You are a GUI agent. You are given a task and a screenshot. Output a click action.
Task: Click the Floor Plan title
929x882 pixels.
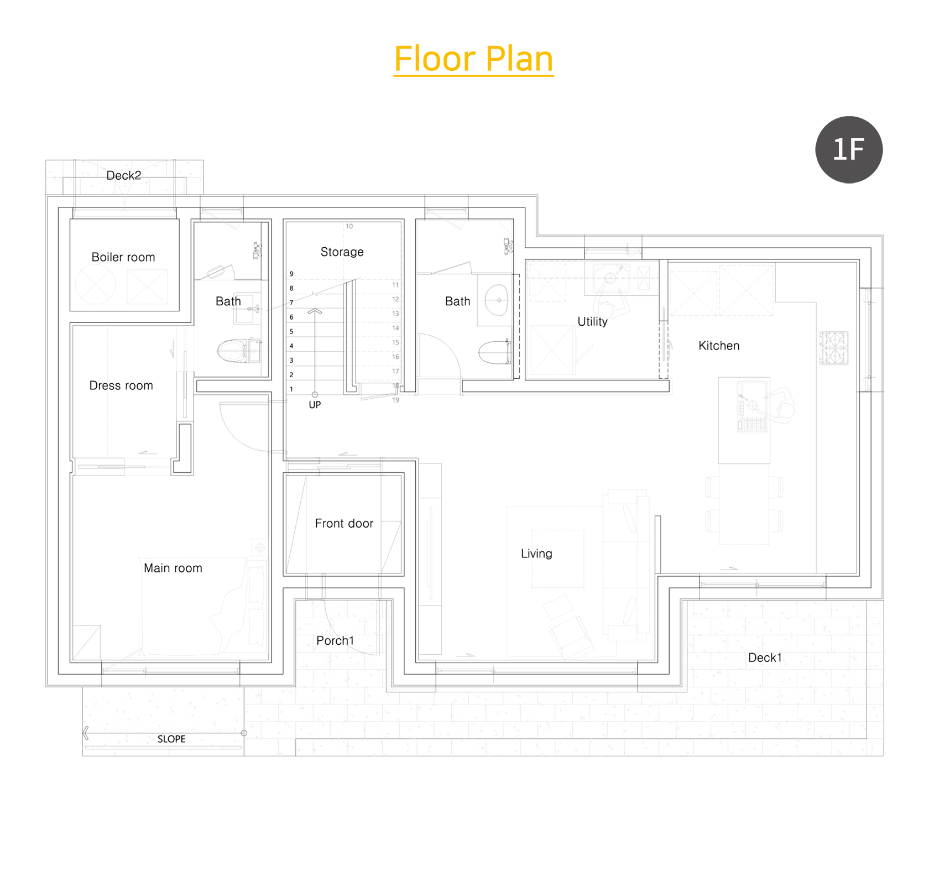click(x=473, y=59)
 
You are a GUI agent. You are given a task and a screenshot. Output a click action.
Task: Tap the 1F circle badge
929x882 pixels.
click(x=849, y=149)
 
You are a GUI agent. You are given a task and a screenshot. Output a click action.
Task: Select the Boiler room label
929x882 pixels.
click(x=123, y=257)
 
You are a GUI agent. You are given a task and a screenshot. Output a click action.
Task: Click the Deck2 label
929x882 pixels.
click(x=124, y=175)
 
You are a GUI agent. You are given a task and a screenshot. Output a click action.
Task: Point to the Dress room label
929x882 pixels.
click(x=121, y=385)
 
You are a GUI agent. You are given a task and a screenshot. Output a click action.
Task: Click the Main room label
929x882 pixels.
click(x=173, y=568)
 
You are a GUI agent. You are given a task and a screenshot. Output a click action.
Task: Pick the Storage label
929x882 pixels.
click(x=342, y=252)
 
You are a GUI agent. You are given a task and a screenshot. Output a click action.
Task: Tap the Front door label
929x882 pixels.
click(x=344, y=523)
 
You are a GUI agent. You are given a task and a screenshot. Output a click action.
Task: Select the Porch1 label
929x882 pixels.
click(x=335, y=640)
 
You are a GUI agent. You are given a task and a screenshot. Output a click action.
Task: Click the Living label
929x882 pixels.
click(x=536, y=554)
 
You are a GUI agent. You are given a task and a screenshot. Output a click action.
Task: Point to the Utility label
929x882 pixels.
click(x=592, y=322)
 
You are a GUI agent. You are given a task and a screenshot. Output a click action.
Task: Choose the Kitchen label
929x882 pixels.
click(x=719, y=346)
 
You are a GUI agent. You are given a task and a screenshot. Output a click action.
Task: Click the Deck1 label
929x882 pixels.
click(x=765, y=657)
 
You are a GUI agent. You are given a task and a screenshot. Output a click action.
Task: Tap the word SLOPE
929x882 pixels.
click(x=171, y=739)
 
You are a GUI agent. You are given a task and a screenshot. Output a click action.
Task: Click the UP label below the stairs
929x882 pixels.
click(x=315, y=405)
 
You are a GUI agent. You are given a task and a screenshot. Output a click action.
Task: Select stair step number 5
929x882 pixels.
click(x=291, y=332)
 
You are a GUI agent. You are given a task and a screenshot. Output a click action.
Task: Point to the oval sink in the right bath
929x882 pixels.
click(x=497, y=300)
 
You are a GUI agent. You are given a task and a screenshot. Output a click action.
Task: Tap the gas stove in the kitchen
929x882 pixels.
click(x=834, y=348)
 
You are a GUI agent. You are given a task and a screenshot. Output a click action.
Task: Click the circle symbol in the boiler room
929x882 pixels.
click(x=96, y=284)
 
